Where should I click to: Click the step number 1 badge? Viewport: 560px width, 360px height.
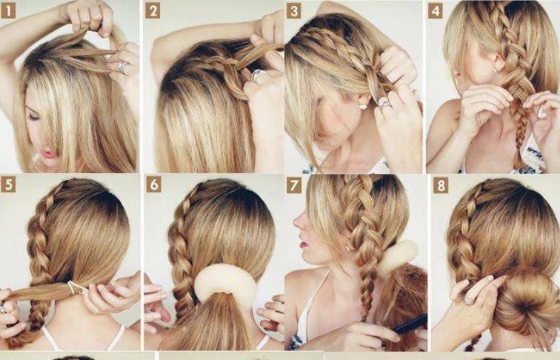8,10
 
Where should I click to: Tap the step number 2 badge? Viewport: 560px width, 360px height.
153,10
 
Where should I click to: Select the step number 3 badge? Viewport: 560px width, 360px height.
294,10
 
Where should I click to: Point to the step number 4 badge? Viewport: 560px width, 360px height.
436,10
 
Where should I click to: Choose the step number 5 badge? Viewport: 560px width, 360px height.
8,184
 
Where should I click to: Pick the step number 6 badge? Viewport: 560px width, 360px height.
153,184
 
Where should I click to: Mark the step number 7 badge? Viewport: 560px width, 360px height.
294,184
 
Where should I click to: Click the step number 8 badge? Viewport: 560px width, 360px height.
441,184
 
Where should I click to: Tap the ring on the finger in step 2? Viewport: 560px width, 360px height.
259,76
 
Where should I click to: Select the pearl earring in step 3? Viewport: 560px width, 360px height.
364,106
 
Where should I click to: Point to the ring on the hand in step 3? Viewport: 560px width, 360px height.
384,104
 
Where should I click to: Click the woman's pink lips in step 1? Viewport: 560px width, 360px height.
49,154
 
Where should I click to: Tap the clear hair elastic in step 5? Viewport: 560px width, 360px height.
73,287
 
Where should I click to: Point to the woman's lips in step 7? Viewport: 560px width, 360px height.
304,244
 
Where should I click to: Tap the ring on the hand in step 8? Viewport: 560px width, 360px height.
468,301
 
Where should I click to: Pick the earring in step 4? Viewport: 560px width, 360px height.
495,70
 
